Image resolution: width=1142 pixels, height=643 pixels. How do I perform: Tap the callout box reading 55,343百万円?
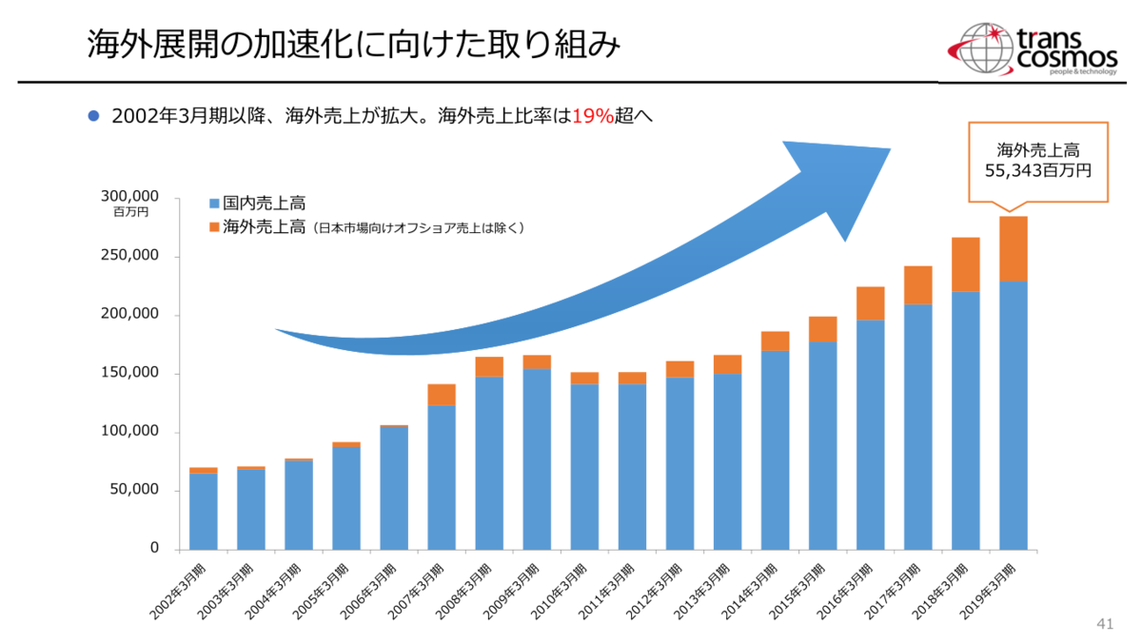point(1038,161)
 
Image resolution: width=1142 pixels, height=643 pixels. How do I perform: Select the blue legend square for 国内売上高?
point(214,204)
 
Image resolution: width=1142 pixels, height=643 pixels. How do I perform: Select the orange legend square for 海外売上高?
point(214,227)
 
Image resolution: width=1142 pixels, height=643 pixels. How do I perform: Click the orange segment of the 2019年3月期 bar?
point(1013,248)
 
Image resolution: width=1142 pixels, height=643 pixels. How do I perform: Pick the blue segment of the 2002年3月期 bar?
point(204,511)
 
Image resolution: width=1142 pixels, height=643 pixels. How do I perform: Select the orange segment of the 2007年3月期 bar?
point(442,394)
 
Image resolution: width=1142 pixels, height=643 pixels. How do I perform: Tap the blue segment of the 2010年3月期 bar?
point(584,466)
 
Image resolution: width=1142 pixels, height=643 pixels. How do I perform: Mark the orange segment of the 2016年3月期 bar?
point(870,302)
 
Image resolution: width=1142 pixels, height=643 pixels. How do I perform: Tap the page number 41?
point(1105,624)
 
